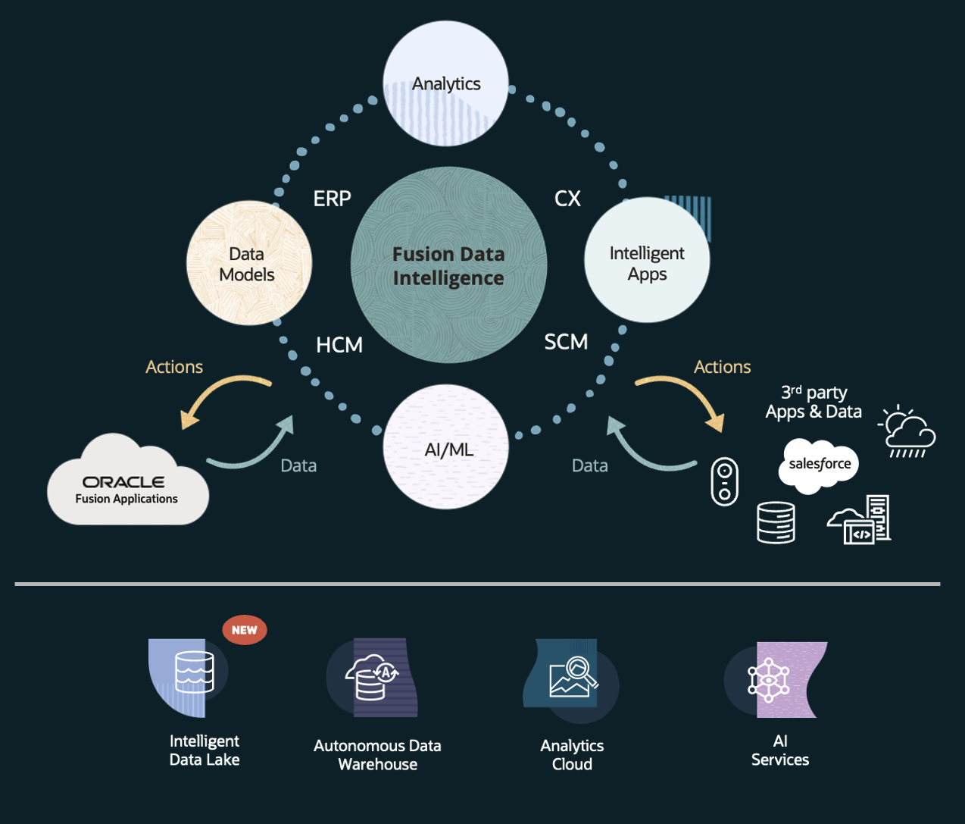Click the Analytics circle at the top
445,83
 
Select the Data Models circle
248,263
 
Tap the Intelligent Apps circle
647,262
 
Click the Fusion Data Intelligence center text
448,266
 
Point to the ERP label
332,199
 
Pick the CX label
567,199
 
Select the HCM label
339,345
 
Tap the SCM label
566,342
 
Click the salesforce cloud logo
819,464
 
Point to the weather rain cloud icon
907,432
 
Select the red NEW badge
245,630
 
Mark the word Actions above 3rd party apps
722,367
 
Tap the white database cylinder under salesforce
776,522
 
